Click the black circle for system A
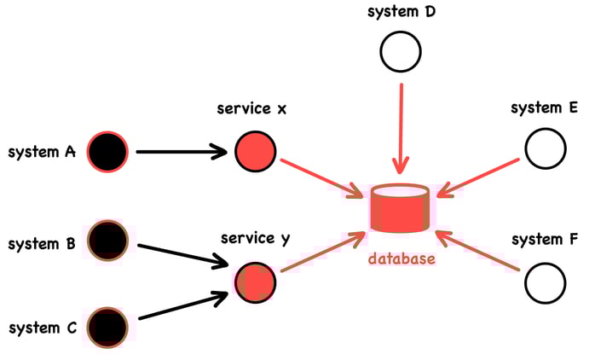(x=107, y=153)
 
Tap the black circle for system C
(x=107, y=327)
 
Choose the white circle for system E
(x=546, y=149)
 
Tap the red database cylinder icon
(x=401, y=209)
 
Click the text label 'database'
(x=401, y=258)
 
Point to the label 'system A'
(x=42, y=153)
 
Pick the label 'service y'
(x=255, y=238)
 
